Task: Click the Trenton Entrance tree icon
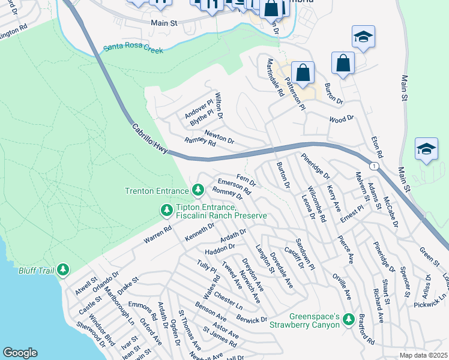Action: [199, 191]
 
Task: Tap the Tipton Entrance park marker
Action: [166, 210]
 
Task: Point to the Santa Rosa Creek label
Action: [133, 49]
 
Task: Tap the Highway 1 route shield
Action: [375, 166]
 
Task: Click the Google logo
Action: [20, 353]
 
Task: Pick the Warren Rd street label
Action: [157, 235]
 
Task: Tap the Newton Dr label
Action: [219, 137]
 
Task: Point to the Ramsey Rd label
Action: [199, 142]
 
